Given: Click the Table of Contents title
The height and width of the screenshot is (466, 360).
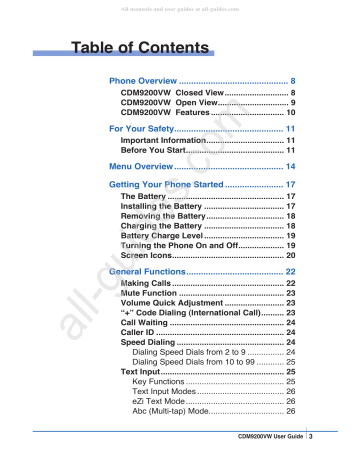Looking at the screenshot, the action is point(137,46).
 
